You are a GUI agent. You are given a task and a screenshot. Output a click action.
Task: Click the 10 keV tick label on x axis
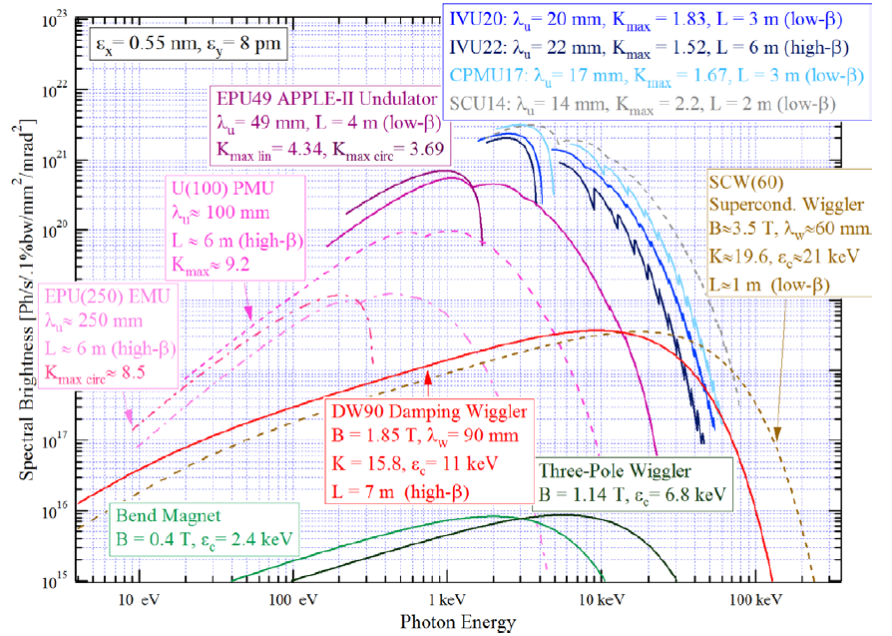(603, 599)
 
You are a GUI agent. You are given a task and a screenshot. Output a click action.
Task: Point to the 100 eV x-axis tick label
(293, 599)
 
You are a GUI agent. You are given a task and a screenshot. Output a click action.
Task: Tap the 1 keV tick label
(447, 599)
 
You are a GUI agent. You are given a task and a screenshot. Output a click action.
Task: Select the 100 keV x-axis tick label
(756, 599)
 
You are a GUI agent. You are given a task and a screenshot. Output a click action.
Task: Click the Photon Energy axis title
(458, 622)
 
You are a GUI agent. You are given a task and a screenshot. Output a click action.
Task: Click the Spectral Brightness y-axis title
(26, 300)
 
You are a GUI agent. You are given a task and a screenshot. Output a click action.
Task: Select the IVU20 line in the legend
(646, 19)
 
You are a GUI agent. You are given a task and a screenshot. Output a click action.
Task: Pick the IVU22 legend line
(650, 48)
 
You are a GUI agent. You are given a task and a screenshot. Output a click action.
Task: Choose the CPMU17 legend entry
(657, 76)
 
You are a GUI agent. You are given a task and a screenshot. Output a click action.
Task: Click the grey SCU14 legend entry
(643, 104)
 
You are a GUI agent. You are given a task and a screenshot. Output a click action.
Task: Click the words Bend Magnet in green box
(168, 515)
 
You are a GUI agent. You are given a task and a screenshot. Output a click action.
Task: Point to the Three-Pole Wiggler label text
(615, 471)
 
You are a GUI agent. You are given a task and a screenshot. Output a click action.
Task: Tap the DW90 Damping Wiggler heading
(429, 411)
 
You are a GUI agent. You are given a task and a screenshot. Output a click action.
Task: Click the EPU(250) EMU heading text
(108, 297)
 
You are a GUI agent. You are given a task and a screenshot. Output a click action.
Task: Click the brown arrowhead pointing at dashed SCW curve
(777, 434)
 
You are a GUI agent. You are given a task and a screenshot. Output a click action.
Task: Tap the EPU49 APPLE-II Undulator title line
(326, 99)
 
